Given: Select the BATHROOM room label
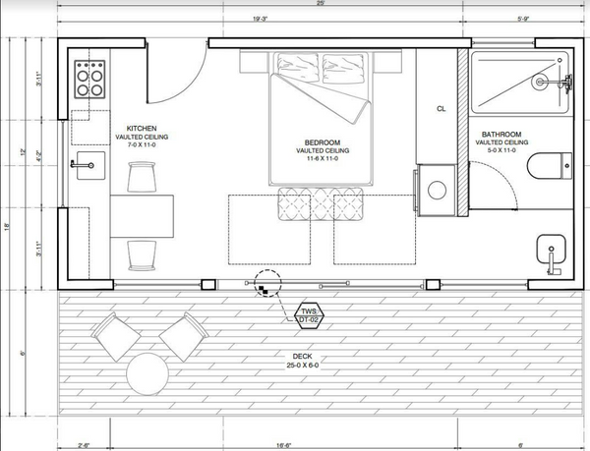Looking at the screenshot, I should pyautogui.click(x=501, y=135).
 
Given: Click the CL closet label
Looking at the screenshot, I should pyautogui.click(x=442, y=108).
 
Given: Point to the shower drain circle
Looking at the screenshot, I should pyautogui.click(x=538, y=83).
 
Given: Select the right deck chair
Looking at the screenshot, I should pyautogui.click(x=178, y=335).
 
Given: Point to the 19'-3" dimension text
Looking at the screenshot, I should pyautogui.click(x=262, y=17).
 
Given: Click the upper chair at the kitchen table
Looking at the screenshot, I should pyautogui.click(x=143, y=177).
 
